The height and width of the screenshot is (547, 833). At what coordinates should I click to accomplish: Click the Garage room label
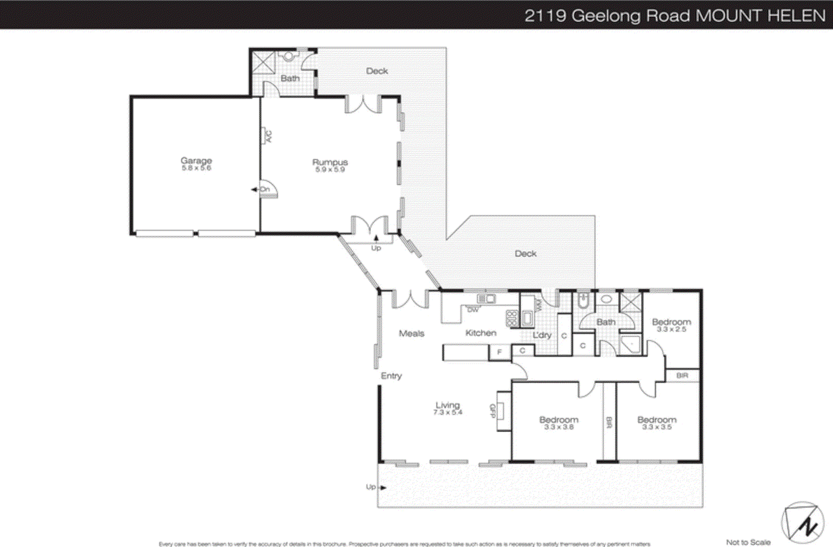196,163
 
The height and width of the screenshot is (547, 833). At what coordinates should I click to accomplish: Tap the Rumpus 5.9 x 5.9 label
330,165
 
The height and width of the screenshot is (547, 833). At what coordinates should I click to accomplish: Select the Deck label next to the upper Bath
376,71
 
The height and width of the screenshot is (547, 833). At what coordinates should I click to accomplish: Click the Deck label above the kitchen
525,253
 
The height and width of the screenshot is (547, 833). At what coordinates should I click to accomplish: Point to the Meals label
411,333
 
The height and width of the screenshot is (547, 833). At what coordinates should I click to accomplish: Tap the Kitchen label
481,333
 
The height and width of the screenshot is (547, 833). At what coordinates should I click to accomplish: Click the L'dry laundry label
541,335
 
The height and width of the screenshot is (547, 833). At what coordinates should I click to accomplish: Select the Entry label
391,375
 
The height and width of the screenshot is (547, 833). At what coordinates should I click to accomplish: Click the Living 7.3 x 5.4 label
447,408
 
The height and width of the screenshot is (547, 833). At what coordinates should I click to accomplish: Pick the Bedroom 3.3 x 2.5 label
671,325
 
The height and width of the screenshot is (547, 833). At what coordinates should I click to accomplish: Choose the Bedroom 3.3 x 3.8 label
559,422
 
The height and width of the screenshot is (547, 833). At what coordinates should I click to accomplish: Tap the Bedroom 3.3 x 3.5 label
657,422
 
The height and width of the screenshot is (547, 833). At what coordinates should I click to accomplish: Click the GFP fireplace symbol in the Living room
502,411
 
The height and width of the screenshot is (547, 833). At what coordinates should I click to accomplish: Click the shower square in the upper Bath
263,62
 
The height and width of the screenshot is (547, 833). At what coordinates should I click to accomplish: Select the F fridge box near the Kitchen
499,352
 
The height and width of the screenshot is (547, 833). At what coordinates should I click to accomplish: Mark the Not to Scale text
748,542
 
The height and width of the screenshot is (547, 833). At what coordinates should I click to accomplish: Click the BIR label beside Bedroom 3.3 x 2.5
681,375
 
